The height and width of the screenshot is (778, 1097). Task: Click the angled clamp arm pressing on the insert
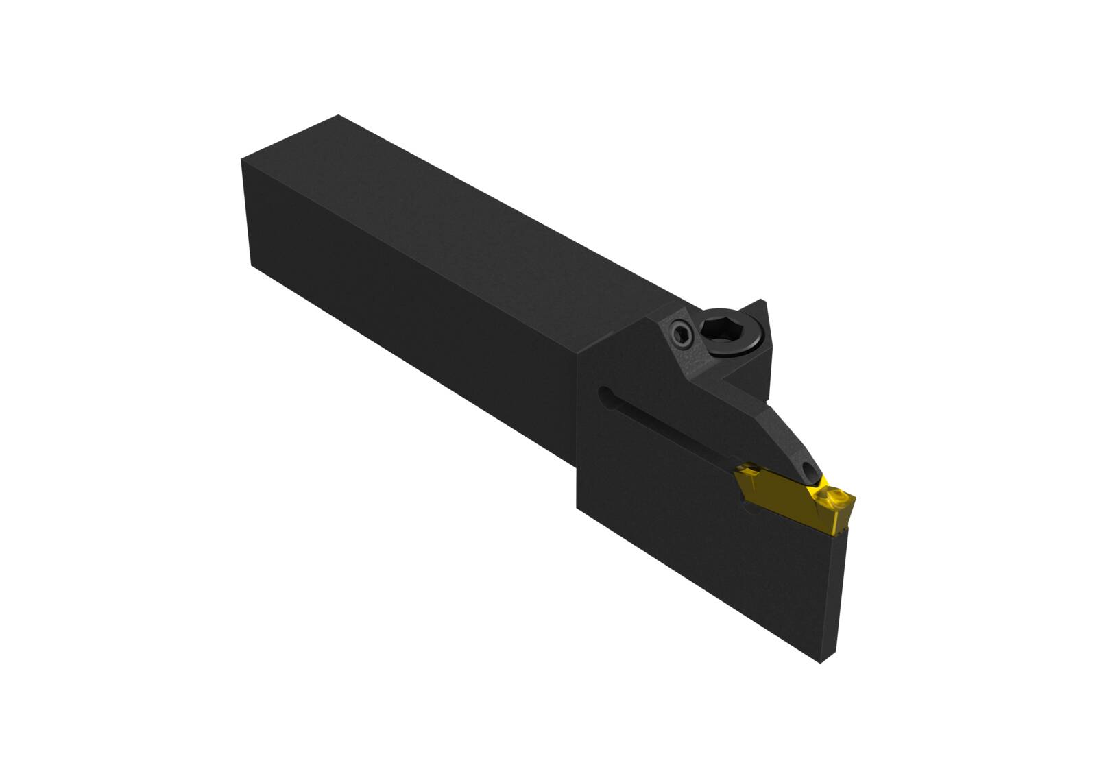click(768, 425)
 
